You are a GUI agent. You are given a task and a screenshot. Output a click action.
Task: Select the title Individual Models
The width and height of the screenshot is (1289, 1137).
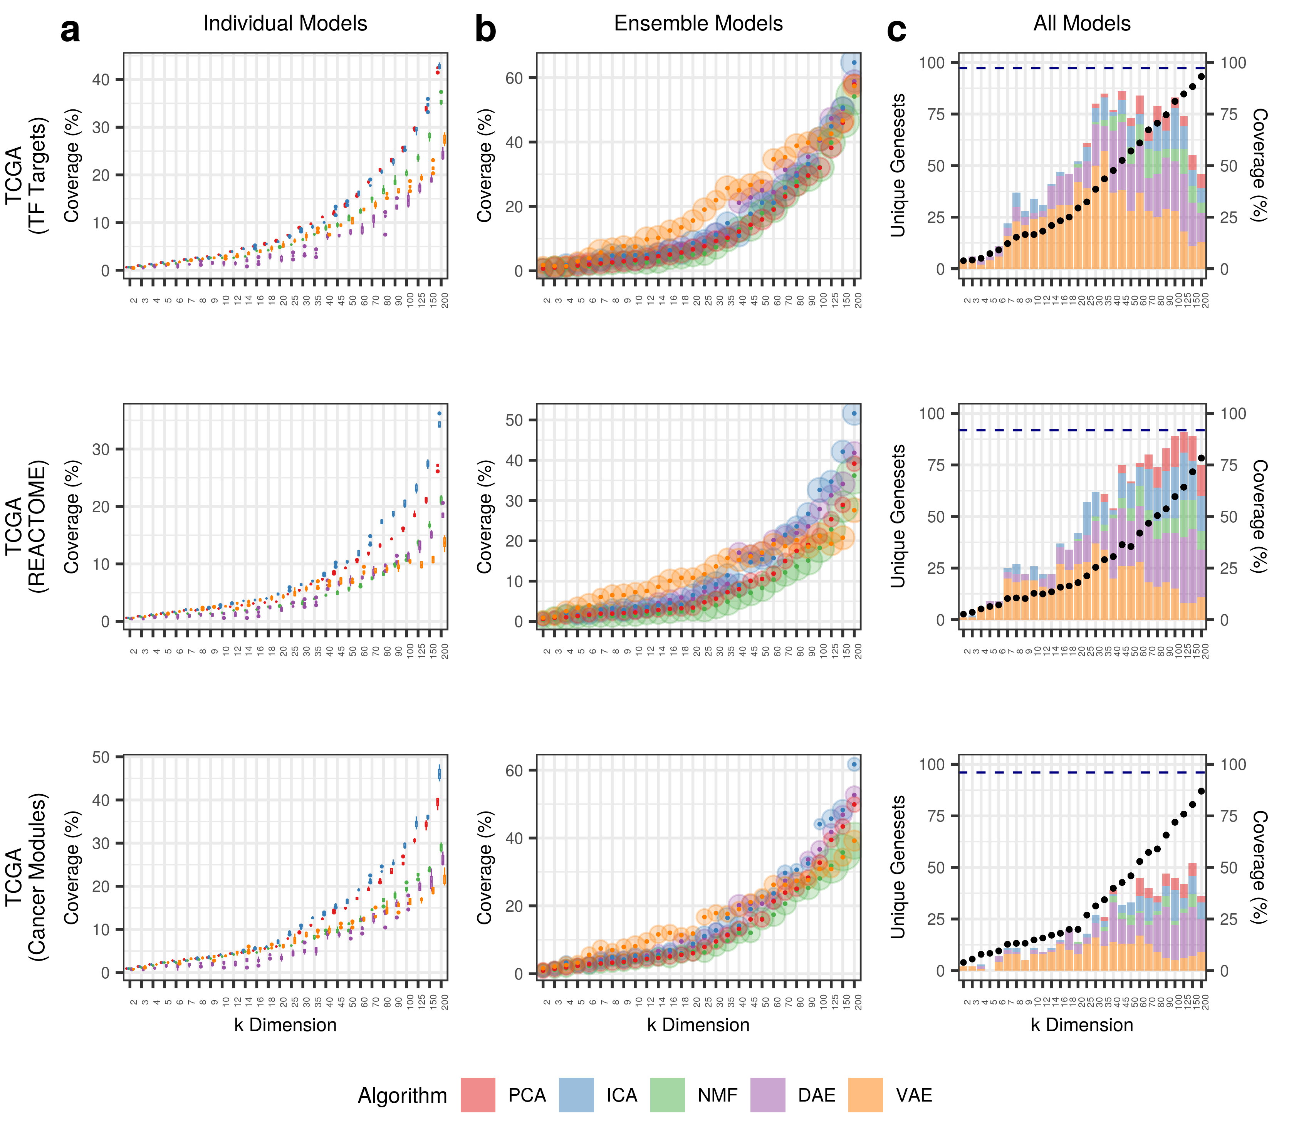285,23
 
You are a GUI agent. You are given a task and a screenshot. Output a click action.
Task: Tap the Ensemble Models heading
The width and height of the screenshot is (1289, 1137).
698,23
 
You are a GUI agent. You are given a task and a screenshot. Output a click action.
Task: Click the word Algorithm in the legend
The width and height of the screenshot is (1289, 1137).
402,1095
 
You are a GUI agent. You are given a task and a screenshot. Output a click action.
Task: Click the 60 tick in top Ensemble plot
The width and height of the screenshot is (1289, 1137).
515,78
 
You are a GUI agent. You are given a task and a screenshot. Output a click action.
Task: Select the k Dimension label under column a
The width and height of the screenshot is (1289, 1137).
285,1025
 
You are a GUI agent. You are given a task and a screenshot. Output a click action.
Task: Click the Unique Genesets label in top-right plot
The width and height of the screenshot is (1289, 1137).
897,165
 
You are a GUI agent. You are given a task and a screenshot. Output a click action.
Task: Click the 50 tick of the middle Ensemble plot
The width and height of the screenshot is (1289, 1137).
515,420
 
